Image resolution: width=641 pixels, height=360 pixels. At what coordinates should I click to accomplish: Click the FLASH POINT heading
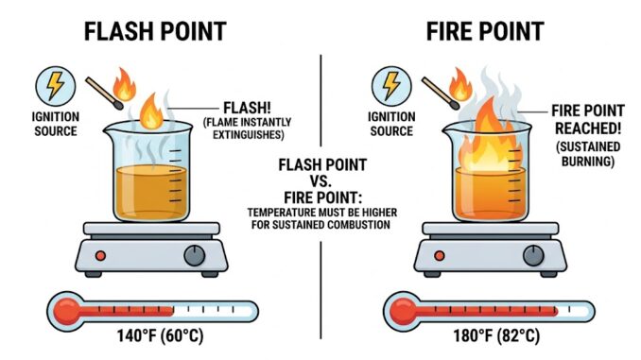click(156, 30)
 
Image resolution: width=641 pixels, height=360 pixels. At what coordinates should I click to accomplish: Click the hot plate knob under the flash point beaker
click(195, 254)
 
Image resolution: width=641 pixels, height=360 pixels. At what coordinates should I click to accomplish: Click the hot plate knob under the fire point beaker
click(536, 254)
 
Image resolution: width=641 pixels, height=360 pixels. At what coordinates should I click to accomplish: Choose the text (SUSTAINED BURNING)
click(587, 156)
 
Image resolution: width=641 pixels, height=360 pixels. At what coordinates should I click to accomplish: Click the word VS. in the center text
click(320, 179)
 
